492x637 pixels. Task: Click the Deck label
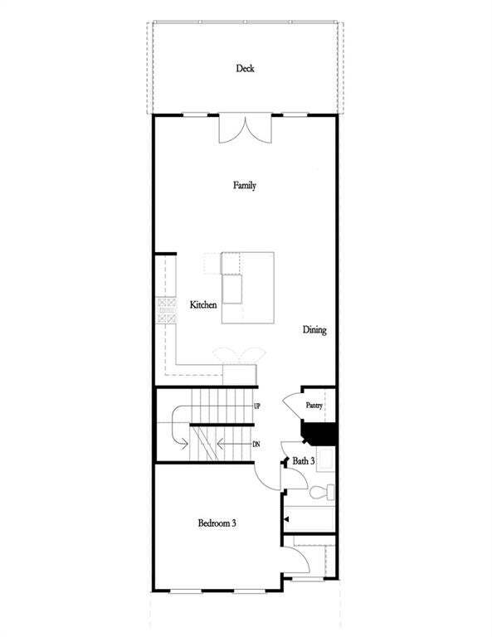point(245,68)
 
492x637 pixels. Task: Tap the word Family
point(244,186)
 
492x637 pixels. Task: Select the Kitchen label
point(203,305)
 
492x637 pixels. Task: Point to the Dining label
point(314,330)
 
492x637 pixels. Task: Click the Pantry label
point(314,406)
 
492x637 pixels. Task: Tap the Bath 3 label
point(303,460)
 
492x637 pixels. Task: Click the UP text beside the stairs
point(257,407)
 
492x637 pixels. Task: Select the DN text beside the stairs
point(257,445)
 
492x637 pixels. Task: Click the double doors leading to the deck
point(245,129)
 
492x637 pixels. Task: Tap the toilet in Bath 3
point(321,492)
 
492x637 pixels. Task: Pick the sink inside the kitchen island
point(231,289)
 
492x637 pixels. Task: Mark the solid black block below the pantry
point(322,434)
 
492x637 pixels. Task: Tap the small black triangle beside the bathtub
point(286,518)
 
